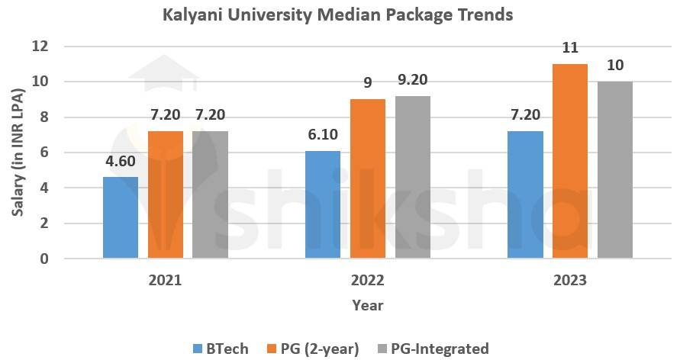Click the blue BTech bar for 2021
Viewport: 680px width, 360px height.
click(121, 218)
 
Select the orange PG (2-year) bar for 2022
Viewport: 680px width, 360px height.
click(368, 179)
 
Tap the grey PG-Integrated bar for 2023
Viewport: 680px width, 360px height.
click(614, 170)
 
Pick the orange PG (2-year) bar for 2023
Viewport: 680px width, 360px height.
click(570, 162)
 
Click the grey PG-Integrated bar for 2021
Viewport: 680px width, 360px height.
click(210, 195)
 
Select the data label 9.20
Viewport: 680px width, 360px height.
click(413, 79)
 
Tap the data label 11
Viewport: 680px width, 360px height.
click(570, 48)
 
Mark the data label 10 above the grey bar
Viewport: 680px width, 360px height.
click(614, 66)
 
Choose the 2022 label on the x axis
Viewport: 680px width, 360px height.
click(368, 280)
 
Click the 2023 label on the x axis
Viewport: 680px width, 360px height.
click(570, 280)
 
